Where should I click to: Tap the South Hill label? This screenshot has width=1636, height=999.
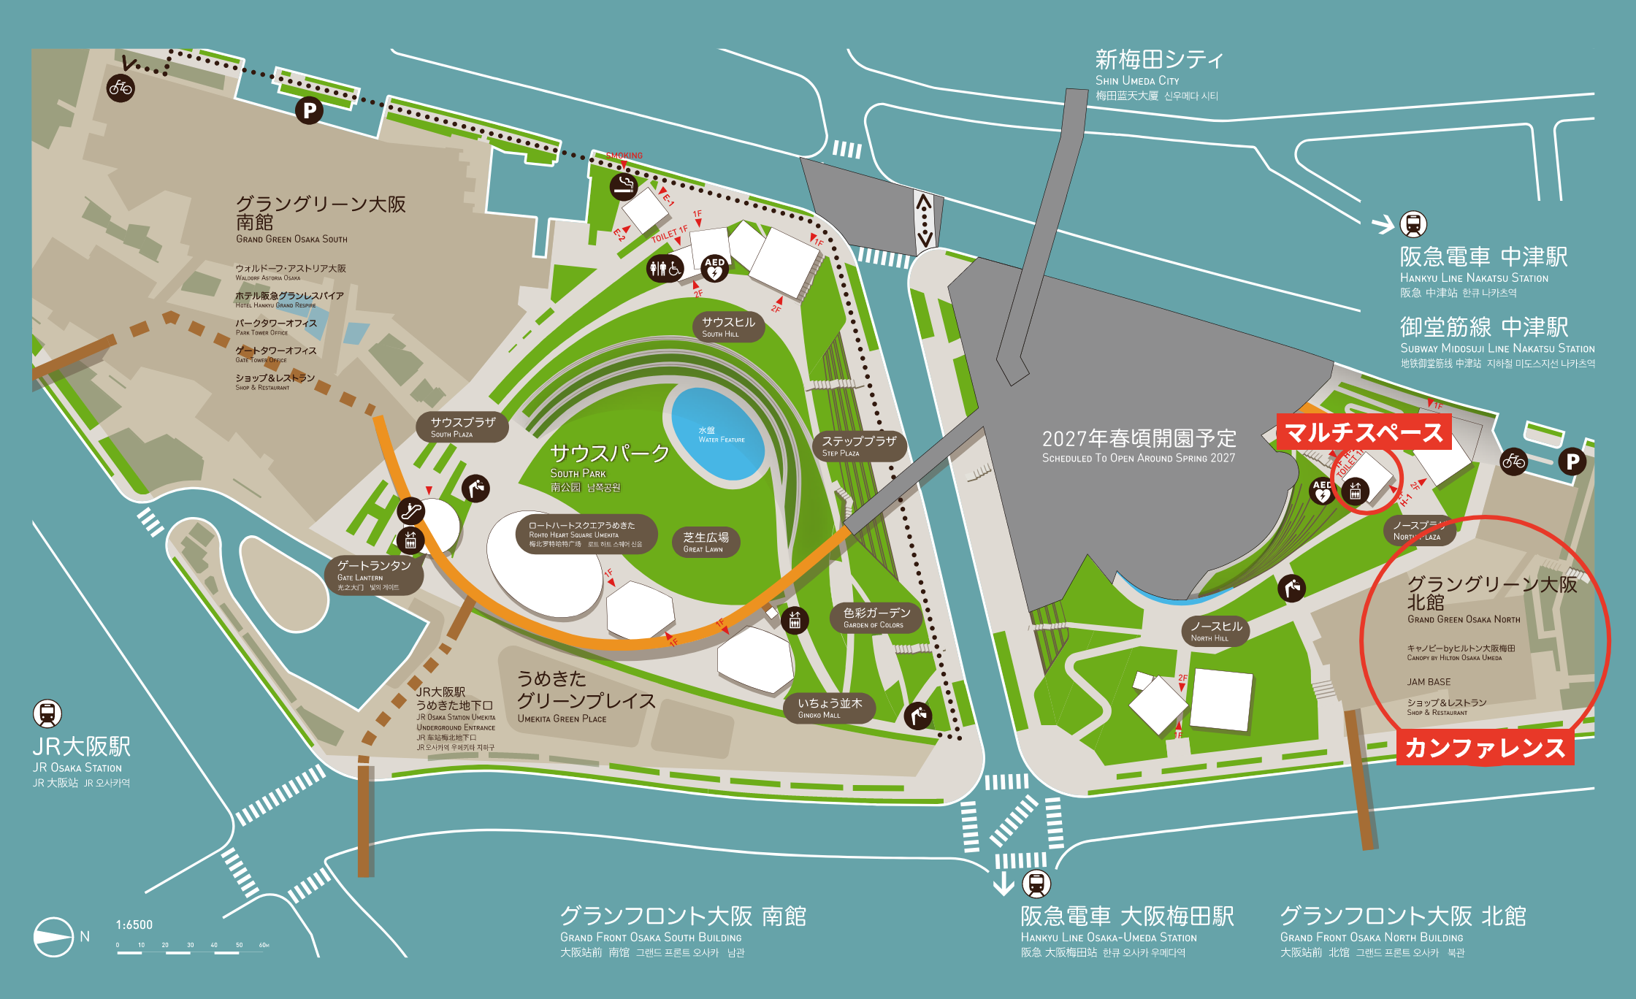[728, 326]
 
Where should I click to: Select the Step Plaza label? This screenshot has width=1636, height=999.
[859, 445]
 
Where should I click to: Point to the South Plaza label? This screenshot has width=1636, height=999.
[462, 427]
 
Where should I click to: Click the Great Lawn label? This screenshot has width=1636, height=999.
[706, 542]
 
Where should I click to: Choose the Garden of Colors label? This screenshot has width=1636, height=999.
[876, 618]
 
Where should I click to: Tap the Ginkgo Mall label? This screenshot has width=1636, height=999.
[830, 708]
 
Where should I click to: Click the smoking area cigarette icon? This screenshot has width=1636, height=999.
[624, 186]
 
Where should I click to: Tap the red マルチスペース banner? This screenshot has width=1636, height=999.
[1364, 432]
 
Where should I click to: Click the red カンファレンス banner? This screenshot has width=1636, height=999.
[1485, 748]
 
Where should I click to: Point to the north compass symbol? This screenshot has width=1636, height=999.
[53, 936]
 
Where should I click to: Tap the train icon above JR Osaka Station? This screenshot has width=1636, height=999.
[47, 713]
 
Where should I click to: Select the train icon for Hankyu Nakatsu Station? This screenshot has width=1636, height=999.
[1413, 224]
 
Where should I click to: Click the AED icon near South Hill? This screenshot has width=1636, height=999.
[714, 269]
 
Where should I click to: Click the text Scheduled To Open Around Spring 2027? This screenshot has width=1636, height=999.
[1139, 458]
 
